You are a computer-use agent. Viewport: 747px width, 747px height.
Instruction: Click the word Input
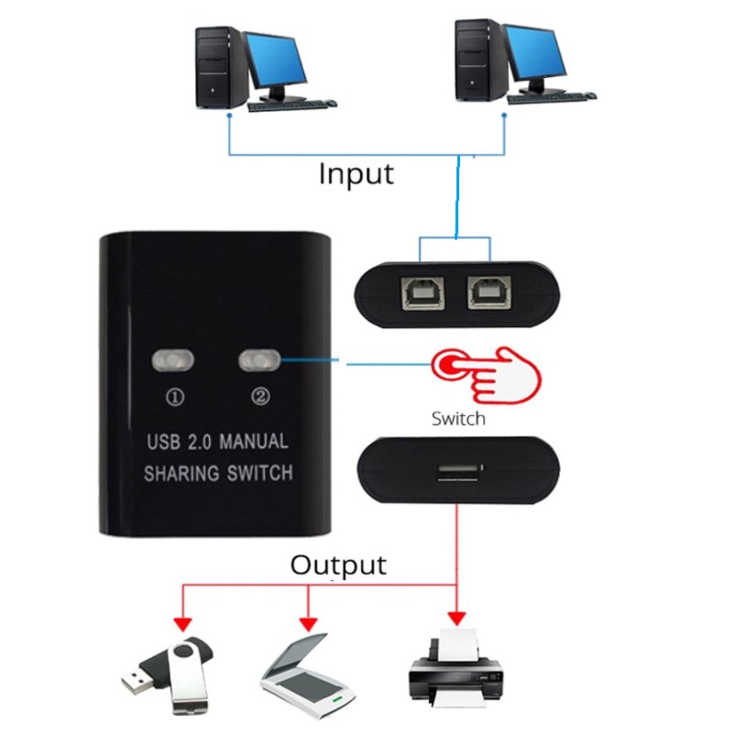(356, 173)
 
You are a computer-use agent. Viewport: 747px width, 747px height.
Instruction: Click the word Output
(338, 565)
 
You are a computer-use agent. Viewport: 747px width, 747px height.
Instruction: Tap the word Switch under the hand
(457, 420)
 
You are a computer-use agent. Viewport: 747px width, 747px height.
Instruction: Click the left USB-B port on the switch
(419, 292)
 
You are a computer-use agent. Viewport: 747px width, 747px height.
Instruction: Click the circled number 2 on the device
(260, 397)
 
